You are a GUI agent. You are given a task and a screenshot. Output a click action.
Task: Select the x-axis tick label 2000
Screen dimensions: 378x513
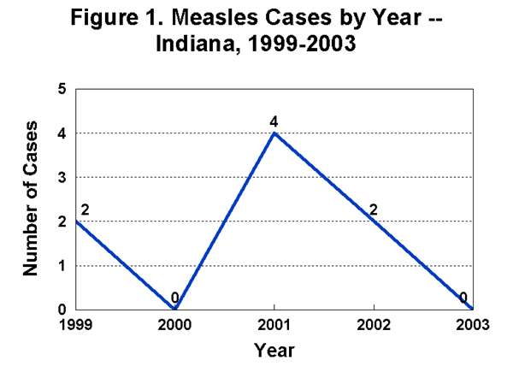click(174, 325)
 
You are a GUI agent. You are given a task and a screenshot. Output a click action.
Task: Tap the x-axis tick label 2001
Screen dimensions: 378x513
click(274, 325)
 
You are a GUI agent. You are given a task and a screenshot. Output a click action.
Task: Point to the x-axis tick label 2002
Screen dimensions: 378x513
click(374, 325)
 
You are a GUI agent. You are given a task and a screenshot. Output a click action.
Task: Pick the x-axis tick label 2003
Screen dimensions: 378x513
click(473, 325)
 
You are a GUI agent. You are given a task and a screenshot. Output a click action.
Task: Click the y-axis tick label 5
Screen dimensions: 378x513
click(62, 89)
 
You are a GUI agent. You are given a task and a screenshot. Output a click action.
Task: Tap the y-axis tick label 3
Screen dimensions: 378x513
click(62, 177)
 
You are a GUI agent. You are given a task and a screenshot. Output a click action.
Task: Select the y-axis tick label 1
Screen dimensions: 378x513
click(62, 266)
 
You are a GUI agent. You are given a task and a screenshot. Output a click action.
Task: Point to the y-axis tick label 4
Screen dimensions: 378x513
click(62, 133)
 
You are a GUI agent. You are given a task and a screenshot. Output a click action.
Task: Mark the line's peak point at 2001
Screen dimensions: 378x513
click(274, 133)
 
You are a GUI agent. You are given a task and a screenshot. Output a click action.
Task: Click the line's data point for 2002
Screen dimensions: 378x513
click(374, 221)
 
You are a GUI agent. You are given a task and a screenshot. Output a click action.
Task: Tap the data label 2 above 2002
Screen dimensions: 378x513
click(374, 208)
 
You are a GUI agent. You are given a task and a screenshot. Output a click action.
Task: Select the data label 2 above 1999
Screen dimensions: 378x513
click(84, 209)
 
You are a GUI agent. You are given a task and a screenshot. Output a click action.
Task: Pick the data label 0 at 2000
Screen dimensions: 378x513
click(174, 298)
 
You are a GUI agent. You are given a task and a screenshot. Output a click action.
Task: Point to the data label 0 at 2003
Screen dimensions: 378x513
click(463, 298)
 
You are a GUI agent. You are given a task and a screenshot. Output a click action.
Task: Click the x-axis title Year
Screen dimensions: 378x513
click(274, 350)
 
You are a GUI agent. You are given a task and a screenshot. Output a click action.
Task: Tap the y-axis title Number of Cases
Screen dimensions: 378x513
click(32, 199)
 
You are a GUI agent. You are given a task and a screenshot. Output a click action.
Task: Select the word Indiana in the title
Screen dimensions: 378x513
click(193, 43)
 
